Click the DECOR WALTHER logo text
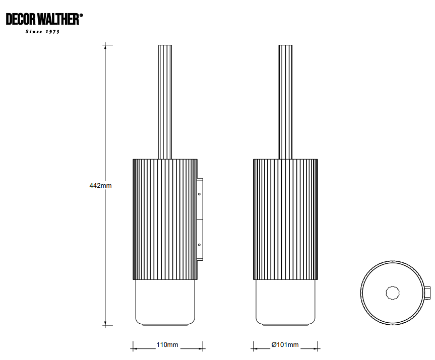tap(43, 20)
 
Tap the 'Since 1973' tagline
tap(42, 32)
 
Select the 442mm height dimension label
tap(100, 186)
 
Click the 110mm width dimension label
tap(167, 345)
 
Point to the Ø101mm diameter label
tap(285, 345)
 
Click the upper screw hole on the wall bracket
tap(199, 194)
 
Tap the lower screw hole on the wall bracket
tap(199, 245)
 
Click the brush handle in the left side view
tap(165, 102)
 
